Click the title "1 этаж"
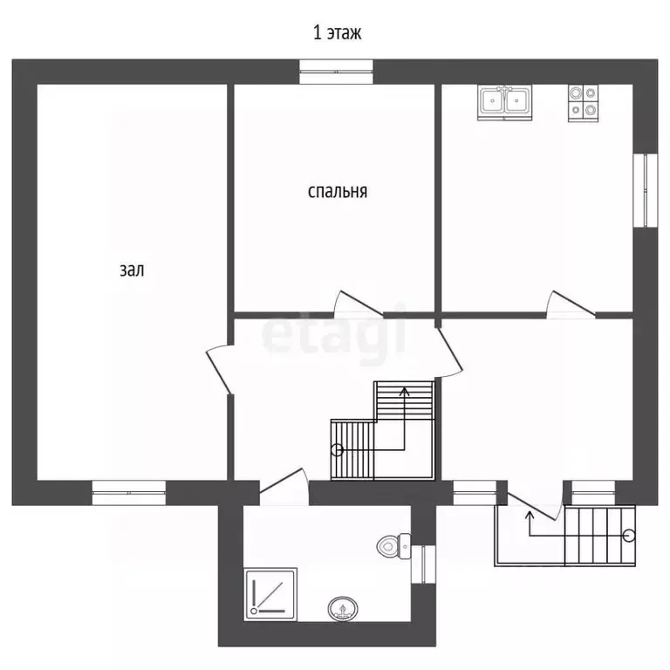(337, 32)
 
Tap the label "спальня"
(337, 191)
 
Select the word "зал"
(132, 270)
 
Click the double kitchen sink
(504, 103)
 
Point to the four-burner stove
(583, 104)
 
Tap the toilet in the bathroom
(393, 545)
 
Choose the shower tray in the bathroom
(270, 594)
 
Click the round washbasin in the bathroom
(343, 608)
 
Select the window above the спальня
(336, 72)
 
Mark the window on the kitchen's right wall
(646, 190)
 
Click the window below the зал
(128, 493)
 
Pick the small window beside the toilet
(423, 564)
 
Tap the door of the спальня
(359, 304)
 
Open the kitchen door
(571, 304)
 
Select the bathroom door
(284, 487)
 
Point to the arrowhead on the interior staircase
(404, 391)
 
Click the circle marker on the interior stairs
(337, 449)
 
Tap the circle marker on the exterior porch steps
(629, 536)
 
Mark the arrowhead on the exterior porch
(530, 515)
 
